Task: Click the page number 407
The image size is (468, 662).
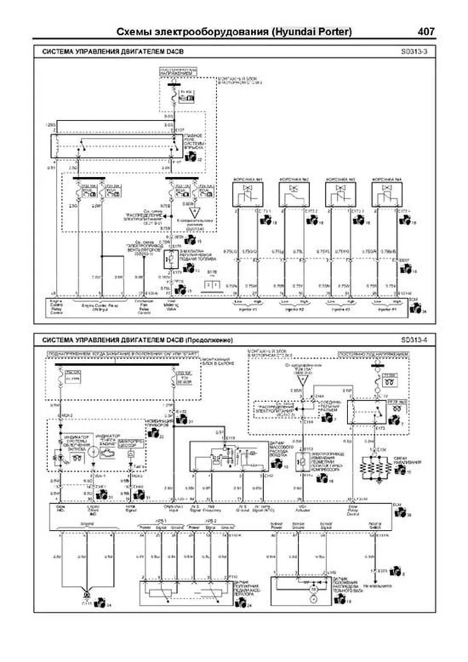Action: [x=425, y=31]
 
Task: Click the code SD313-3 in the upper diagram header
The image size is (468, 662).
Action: [x=414, y=51]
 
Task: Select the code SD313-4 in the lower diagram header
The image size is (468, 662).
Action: [x=414, y=340]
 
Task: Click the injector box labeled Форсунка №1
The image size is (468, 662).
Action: [x=248, y=194]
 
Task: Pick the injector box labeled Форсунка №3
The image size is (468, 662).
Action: [x=340, y=194]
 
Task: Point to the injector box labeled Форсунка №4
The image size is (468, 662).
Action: [x=386, y=194]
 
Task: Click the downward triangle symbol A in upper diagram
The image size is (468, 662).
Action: [x=194, y=213]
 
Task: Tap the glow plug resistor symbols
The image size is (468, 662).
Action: [x=376, y=468]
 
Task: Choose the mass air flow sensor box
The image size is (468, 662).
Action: [x=228, y=456]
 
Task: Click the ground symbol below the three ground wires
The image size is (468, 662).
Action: [x=86, y=595]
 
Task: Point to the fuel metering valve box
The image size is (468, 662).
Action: [x=171, y=259]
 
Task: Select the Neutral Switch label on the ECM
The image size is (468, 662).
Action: [x=375, y=525]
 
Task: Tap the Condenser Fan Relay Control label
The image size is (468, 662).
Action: [x=144, y=307]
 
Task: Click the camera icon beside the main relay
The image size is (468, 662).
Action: [x=191, y=157]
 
